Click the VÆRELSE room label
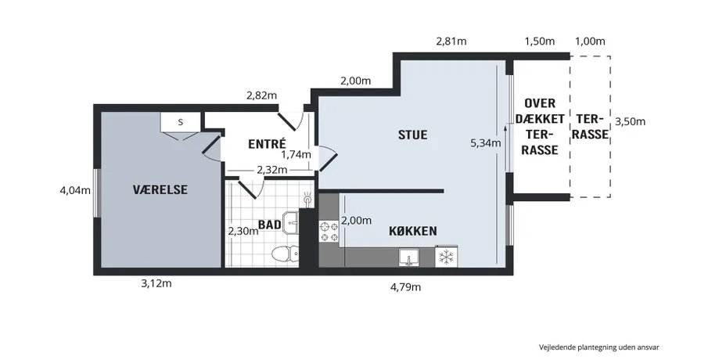(x=160, y=189)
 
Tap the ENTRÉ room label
(x=268, y=144)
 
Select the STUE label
(x=413, y=135)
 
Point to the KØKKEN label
(x=413, y=231)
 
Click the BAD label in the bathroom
(x=270, y=225)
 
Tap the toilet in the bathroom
(x=286, y=254)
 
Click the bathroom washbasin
(x=290, y=222)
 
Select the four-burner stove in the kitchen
(x=329, y=232)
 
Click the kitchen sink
(x=410, y=257)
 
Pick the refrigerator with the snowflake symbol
(x=446, y=257)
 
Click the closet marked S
(x=180, y=121)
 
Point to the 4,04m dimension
(x=75, y=191)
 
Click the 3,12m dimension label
(x=156, y=283)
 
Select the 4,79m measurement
(x=405, y=286)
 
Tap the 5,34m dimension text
(x=486, y=144)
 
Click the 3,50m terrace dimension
(x=631, y=121)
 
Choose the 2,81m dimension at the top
(x=451, y=41)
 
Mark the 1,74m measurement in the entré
(x=296, y=155)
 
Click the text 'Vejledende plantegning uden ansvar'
(x=599, y=347)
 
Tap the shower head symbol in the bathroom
(x=308, y=199)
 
